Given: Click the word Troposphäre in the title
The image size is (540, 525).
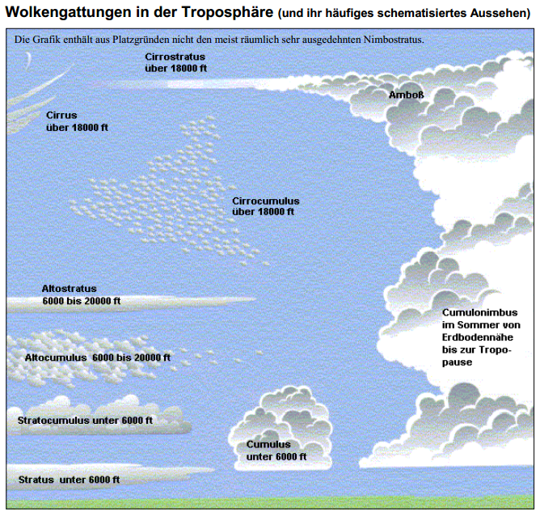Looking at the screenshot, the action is pos(228,12).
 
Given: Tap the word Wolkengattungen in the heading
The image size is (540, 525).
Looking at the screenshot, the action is pos(68,13).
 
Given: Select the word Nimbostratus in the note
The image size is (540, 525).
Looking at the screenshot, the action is pos(394,40).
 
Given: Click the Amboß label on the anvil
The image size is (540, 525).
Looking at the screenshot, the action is pos(407,95).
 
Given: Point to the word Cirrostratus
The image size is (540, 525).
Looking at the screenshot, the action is pos(175,57).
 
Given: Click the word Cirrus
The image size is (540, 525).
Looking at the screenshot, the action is pos(61,115).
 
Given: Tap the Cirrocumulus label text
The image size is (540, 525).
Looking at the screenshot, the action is pos(265,201).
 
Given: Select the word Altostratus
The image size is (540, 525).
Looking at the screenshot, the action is pos(69,289).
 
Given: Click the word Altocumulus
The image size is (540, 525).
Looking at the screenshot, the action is pos(56,358).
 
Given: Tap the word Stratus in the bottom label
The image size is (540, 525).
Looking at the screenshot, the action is pos(36,480).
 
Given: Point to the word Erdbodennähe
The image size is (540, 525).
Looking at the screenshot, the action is pos(477,337).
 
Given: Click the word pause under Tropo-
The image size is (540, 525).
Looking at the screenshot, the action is pos(457,362).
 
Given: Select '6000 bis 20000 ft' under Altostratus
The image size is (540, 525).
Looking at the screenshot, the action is pos(82,301).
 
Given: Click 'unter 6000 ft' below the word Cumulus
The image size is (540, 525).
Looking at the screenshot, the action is pos(276,457).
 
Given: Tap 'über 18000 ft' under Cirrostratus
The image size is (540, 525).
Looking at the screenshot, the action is pos(175,68).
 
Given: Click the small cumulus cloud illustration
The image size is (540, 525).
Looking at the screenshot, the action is pos(280,429).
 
